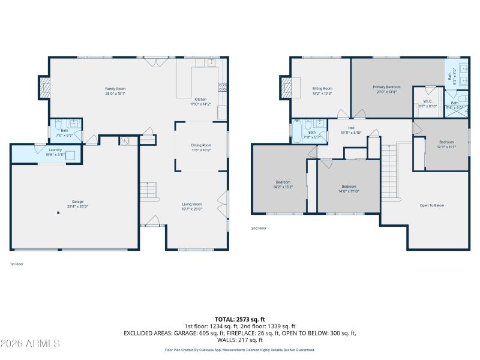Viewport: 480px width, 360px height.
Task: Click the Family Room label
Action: pyautogui.click(x=115, y=89)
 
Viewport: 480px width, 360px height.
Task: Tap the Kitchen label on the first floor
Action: pyautogui.click(x=200, y=99)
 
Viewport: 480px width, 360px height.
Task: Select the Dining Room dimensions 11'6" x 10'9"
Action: pyautogui.click(x=201, y=149)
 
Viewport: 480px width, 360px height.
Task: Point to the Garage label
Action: pyautogui.click(x=77, y=202)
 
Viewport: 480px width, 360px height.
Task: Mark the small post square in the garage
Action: pyautogui.click(x=58, y=213)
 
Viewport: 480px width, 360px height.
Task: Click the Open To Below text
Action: pyautogui.click(x=431, y=206)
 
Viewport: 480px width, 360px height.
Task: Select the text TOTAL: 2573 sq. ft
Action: pyautogui.click(x=240, y=319)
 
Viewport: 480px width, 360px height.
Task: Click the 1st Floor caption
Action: pyautogui.click(x=16, y=264)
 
